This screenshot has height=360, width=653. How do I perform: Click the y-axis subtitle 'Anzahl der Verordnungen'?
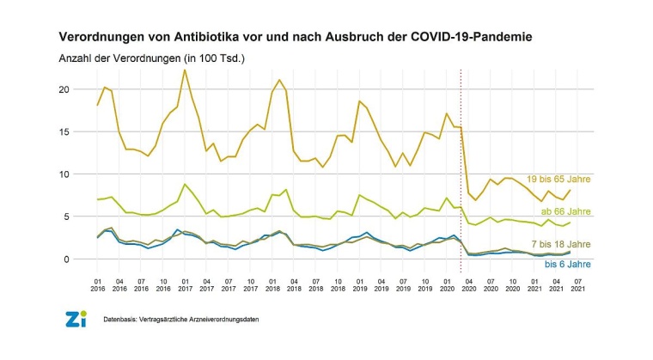click(x=153, y=58)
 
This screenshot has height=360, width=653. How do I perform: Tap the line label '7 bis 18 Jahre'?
click(x=561, y=245)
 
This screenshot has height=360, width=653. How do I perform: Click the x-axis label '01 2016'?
click(x=98, y=284)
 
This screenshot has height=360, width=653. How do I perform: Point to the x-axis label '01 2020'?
click(x=447, y=284)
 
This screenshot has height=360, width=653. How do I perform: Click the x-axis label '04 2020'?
click(x=468, y=284)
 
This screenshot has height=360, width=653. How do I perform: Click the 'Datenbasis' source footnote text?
click(x=181, y=320)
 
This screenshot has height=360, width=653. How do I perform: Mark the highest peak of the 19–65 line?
click(x=185, y=70)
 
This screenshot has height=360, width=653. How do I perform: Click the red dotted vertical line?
click(x=461, y=172)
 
